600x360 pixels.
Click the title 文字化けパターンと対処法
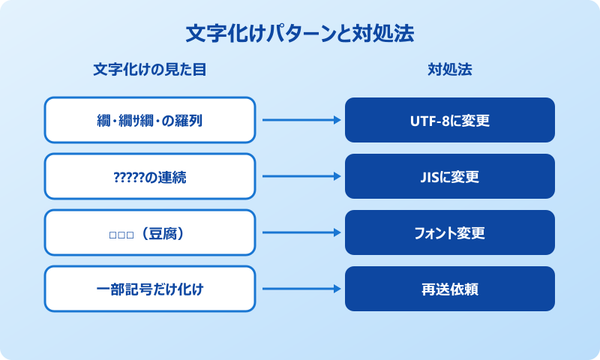point(300,34)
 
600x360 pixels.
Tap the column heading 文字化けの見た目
point(150,70)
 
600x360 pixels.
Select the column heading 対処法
point(450,70)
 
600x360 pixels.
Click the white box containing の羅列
point(150,120)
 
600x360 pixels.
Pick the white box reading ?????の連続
point(150,177)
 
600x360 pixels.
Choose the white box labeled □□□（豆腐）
point(150,232)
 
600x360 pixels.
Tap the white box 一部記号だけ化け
point(150,289)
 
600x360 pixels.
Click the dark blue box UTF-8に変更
point(450,120)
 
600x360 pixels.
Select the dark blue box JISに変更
point(450,177)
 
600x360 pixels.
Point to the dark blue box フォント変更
point(450,232)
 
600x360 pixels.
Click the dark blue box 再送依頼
point(450,289)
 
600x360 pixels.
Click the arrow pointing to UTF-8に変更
point(300,120)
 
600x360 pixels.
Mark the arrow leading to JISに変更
point(300,177)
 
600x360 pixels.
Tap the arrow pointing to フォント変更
point(300,232)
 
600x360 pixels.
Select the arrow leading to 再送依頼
point(300,289)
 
